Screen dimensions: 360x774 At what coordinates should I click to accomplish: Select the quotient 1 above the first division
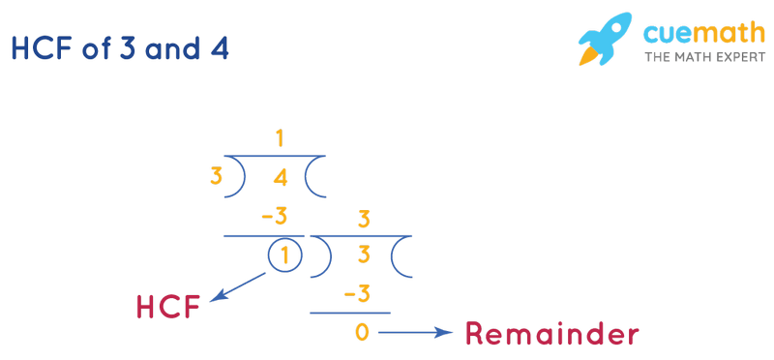click(x=280, y=139)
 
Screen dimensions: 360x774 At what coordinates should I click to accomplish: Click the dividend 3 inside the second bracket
click(x=365, y=256)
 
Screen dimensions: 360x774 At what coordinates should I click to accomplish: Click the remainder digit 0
click(x=362, y=333)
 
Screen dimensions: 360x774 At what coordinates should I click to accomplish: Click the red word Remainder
click(x=551, y=335)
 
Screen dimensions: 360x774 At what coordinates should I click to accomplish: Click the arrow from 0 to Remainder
click(x=414, y=333)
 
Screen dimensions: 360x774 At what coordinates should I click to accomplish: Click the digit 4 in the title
click(x=220, y=48)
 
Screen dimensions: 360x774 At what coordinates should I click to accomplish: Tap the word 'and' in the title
click(x=172, y=48)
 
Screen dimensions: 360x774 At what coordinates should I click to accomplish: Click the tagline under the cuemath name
click(x=702, y=57)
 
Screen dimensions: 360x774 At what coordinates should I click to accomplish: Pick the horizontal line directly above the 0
click(x=350, y=313)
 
